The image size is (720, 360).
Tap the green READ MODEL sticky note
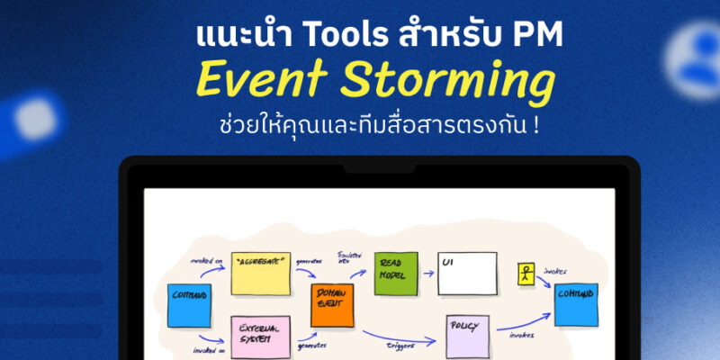coord(396,273)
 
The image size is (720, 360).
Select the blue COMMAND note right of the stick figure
coord(575,304)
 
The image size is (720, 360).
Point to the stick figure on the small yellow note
coord(526,274)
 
